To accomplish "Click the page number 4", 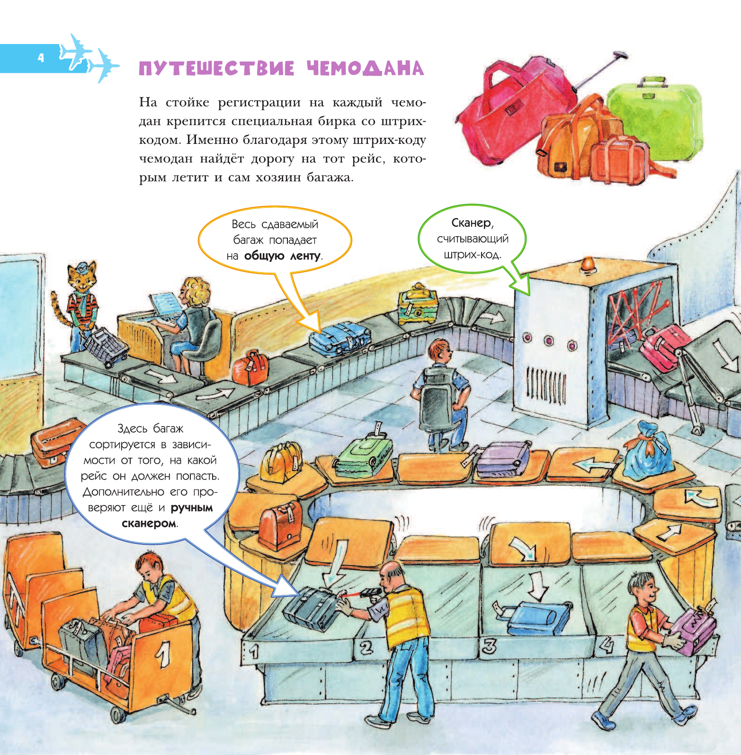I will click(x=41, y=58).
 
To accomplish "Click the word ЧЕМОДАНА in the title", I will click(x=365, y=69).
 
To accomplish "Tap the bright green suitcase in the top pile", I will click(x=653, y=118).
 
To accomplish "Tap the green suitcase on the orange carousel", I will click(x=364, y=455).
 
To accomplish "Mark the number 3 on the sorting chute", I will click(x=489, y=646).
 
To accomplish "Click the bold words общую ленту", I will click(x=282, y=256).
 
